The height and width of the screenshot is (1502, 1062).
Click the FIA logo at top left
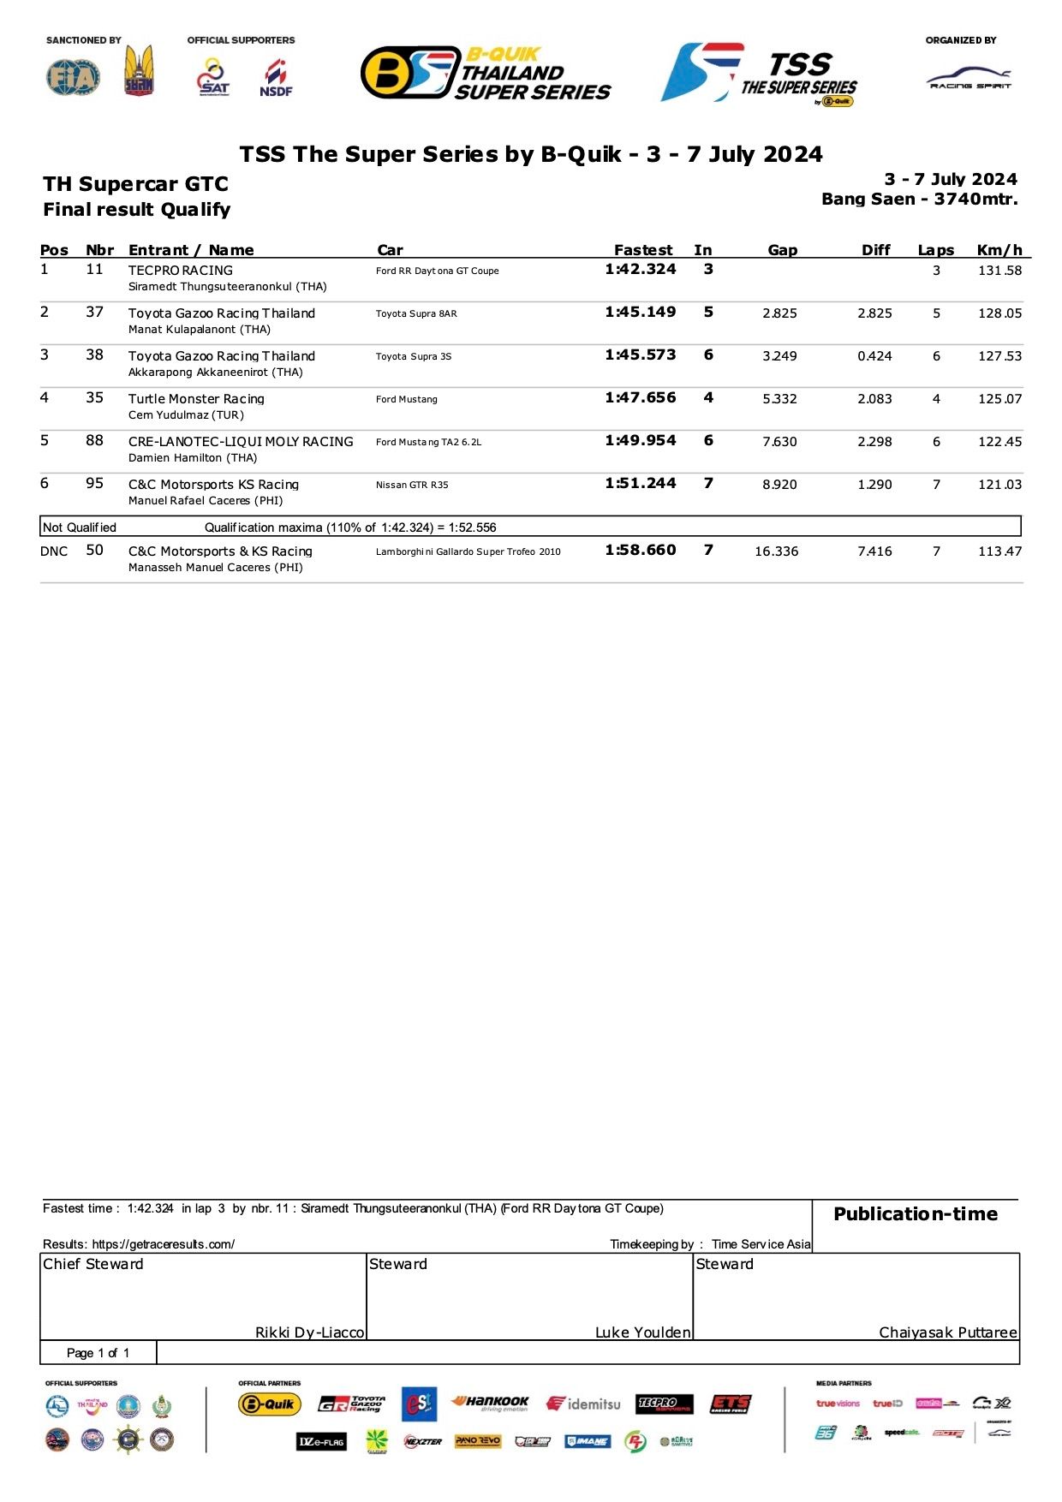73,77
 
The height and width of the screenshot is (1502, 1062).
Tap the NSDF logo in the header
276,78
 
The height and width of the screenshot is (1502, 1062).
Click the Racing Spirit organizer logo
970,80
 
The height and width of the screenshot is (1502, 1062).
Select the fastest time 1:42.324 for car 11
640,269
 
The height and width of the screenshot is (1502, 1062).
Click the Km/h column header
999,250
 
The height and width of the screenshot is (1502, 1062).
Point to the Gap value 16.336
776,551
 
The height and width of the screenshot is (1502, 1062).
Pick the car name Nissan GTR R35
412,485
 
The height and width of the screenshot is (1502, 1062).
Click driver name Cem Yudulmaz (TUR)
186,415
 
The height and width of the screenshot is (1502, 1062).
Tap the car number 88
94,440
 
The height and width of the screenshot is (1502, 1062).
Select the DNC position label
54,551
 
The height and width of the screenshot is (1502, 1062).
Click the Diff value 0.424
874,356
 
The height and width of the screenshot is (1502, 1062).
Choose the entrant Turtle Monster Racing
196,399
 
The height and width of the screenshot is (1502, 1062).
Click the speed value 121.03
999,485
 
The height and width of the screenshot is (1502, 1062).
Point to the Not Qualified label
80,527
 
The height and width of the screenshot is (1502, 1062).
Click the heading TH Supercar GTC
135,184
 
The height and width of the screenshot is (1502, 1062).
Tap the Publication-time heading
916,1214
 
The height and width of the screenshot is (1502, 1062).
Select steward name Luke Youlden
642,1332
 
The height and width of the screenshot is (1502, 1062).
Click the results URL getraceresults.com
163,1244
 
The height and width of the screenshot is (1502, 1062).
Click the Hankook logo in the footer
491,1403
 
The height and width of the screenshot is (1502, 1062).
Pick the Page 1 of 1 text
98,1353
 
